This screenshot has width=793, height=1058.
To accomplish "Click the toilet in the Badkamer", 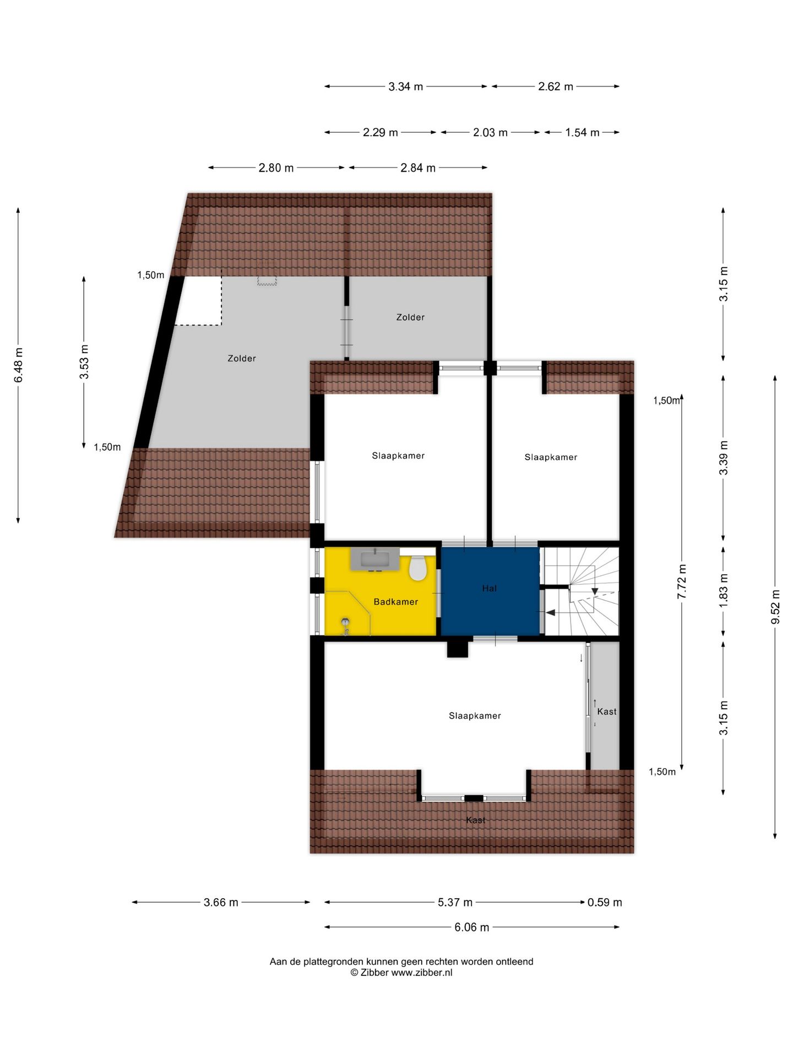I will (418, 568).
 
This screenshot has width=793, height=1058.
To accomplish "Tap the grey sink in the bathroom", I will (375, 559).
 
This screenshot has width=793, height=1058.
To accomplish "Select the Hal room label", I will (489, 589).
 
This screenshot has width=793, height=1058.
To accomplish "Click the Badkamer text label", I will (395, 602).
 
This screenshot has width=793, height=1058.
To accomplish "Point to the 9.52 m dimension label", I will (775, 607).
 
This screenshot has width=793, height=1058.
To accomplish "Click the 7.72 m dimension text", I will (682, 582).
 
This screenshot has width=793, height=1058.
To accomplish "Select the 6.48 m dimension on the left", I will (19, 364).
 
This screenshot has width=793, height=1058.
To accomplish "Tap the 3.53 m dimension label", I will (84, 362).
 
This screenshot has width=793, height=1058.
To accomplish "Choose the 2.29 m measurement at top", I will (380, 133).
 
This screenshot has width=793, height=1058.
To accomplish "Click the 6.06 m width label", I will (471, 927).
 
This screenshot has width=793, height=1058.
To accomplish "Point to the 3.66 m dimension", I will (221, 903).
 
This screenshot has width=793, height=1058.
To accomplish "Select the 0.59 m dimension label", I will (605, 903).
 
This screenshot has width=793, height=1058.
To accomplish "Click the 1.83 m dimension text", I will (724, 590).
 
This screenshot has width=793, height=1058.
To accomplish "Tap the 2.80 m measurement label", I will (276, 168).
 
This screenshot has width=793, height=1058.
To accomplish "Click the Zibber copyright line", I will (401, 973).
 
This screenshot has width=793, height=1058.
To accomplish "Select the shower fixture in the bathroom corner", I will (345, 625).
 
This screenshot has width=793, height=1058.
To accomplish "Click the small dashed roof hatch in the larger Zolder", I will (267, 280).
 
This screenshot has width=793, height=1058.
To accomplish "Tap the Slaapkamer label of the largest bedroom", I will (475, 716).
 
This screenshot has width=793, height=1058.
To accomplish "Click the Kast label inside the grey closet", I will (607, 711).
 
